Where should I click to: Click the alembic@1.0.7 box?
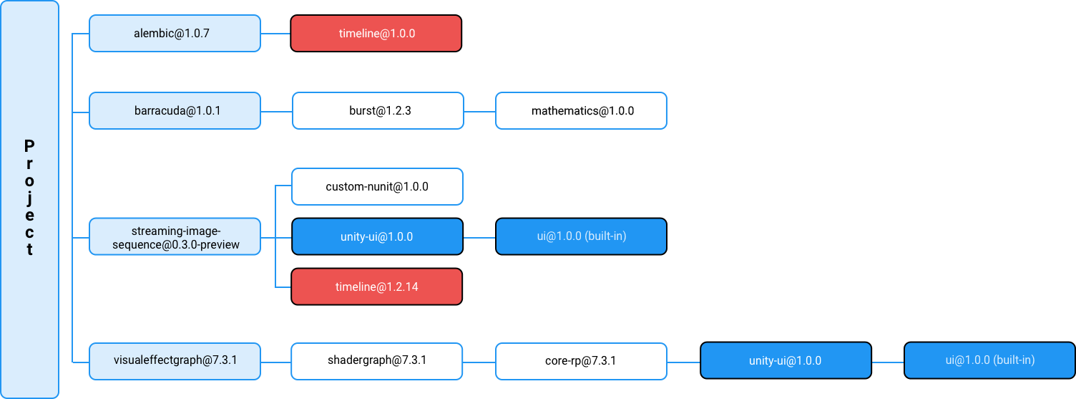175,33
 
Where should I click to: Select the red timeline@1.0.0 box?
376,33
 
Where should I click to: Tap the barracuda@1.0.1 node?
175,110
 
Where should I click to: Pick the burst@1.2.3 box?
378,110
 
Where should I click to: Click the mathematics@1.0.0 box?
581,110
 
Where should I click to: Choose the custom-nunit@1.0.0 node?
377,186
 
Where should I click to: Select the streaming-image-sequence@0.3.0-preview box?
175,236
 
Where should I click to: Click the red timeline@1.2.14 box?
376,287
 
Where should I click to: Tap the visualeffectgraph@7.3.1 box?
175,362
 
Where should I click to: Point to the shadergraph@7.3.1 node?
376,362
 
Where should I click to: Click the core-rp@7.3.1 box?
581,362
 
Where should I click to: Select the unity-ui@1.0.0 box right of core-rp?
786,360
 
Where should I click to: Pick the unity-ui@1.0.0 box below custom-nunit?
377,236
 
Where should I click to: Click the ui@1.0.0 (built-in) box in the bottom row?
989,360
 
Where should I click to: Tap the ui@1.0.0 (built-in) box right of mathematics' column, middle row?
581,236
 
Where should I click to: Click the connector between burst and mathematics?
479,112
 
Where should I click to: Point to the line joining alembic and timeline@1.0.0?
275,34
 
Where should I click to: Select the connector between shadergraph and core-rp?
479,362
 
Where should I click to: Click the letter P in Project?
29,145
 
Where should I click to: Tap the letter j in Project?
29,198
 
